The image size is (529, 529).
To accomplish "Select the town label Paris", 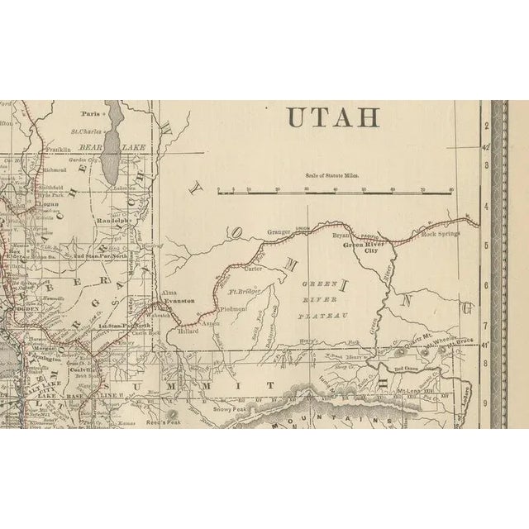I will click(90, 113).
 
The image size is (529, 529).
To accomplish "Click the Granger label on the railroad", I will click(282, 233).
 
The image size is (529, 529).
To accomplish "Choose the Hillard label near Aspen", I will click(189, 330).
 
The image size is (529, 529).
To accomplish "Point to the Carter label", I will click(253, 269).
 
